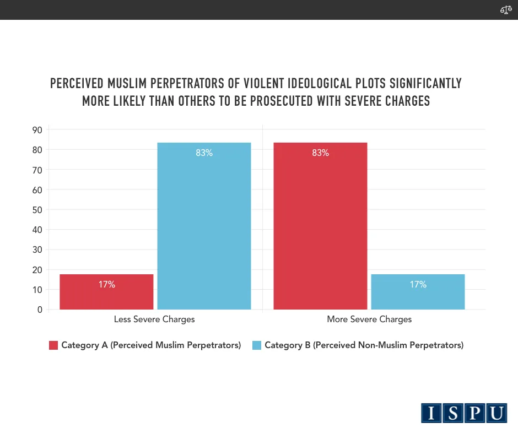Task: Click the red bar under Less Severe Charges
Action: (x=106, y=291)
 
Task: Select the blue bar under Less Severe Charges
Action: (x=204, y=226)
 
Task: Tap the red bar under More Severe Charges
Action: (x=320, y=226)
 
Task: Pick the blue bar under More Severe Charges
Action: (x=418, y=291)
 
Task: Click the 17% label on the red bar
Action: (x=107, y=285)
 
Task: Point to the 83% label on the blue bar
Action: (x=204, y=153)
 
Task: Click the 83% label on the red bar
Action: (x=320, y=153)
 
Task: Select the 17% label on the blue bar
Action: (x=418, y=285)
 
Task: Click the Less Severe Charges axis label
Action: (x=154, y=319)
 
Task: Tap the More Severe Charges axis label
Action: (x=369, y=319)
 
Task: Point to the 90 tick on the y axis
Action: (x=37, y=130)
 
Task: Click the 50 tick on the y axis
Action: (x=37, y=210)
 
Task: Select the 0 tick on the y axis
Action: (x=40, y=310)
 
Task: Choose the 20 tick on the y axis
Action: (x=37, y=270)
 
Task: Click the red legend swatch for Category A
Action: (x=53, y=345)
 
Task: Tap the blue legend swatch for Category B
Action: (x=257, y=345)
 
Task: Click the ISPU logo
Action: (x=464, y=413)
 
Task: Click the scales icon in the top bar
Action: (x=506, y=10)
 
